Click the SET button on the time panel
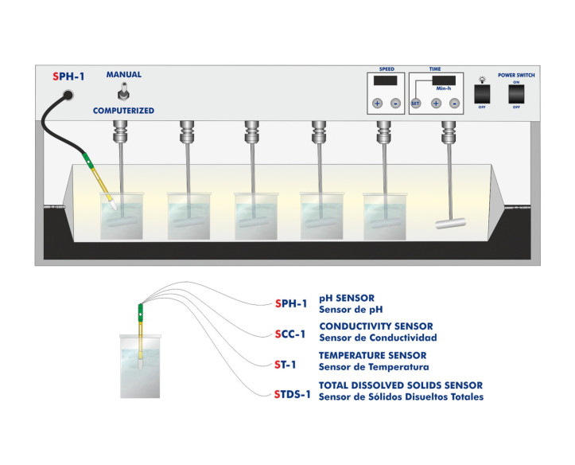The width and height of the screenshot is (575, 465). pyautogui.click(x=415, y=103)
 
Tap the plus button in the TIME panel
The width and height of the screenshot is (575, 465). pyautogui.click(x=436, y=103)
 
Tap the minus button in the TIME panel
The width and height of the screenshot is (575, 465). pyautogui.click(x=454, y=103)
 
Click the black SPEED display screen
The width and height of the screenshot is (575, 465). pyautogui.click(x=386, y=81)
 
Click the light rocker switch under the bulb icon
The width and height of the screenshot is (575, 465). pyautogui.click(x=480, y=95)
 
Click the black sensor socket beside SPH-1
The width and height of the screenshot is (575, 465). pyautogui.click(x=68, y=94)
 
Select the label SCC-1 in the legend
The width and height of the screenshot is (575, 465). pyautogui.click(x=289, y=334)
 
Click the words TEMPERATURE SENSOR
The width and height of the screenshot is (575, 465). pyautogui.click(x=372, y=355)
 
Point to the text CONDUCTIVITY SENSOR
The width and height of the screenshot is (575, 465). pyautogui.click(x=375, y=326)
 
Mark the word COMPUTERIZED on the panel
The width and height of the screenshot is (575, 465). pyautogui.click(x=123, y=110)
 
